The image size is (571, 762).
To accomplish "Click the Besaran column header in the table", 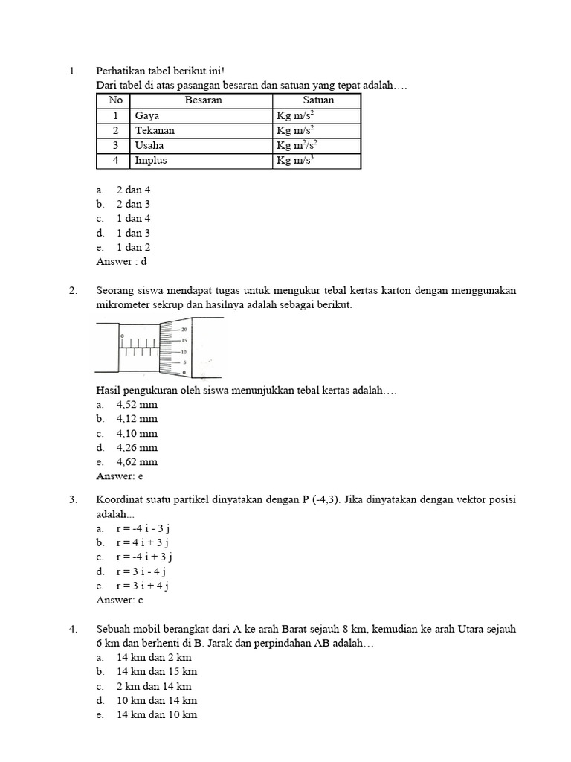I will click(x=203, y=100).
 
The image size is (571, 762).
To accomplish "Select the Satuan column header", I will click(x=317, y=100).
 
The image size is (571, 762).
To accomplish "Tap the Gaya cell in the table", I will click(x=147, y=116).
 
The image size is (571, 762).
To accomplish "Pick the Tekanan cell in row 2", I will click(x=155, y=131).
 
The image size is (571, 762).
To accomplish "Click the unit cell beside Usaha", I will click(x=297, y=146).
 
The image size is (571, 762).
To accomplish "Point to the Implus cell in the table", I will click(x=151, y=161).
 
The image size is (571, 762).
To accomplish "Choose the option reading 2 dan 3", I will click(x=133, y=204).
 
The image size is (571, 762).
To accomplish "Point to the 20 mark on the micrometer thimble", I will click(x=184, y=329).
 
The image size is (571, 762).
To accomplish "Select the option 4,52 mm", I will click(x=137, y=405).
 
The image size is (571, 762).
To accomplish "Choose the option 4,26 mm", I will click(x=137, y=448).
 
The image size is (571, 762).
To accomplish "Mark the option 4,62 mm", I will click(x=137, y=462).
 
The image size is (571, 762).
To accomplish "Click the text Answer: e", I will click(x=120, y=476).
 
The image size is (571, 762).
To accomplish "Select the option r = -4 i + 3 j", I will click(x=144, y=557).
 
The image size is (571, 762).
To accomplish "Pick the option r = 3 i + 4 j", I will click(x=143, y=586).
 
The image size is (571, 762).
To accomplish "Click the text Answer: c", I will click(x=120, y=600).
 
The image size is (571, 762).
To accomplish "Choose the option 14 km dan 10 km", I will click(x=157, y=715).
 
